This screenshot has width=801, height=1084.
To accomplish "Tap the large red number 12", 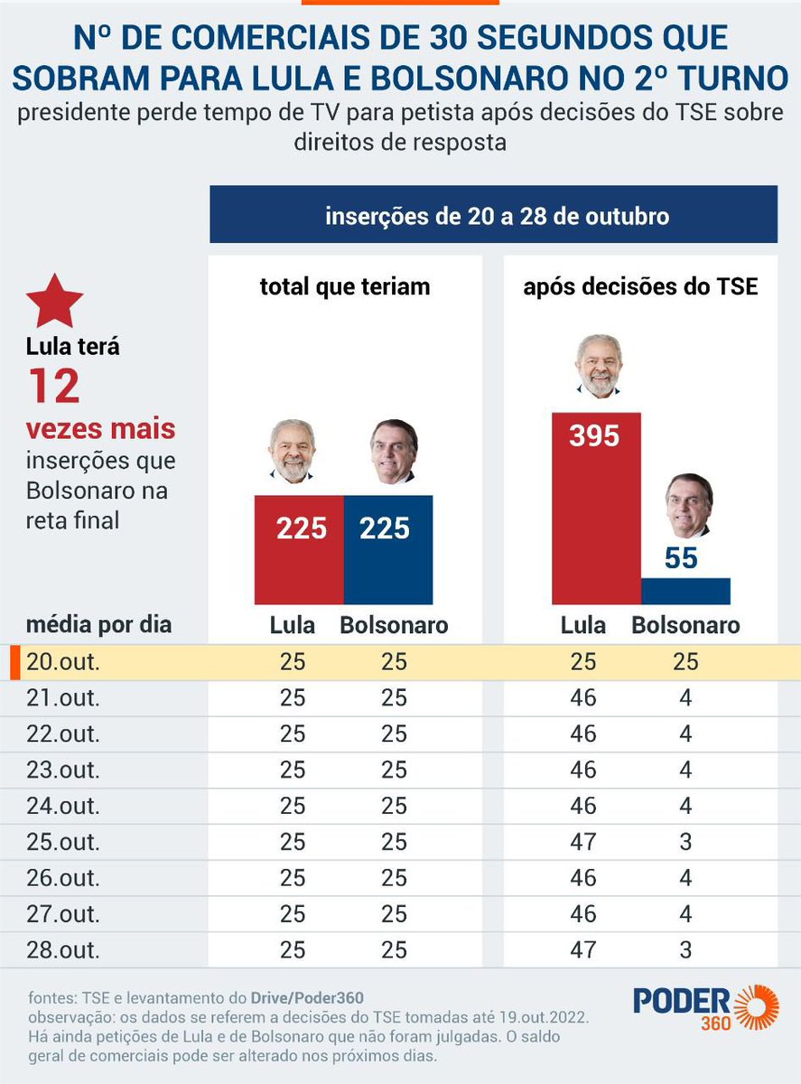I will tap(53, 386).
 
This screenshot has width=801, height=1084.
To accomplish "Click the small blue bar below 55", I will tap(685, 591).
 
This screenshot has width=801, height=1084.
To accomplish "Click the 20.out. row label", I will tap(63, 661).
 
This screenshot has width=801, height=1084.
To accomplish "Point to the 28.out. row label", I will tap(63, 949).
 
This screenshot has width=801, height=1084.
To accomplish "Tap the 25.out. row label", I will tap(63, 842).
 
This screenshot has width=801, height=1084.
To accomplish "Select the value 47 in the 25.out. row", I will tap(583, 842).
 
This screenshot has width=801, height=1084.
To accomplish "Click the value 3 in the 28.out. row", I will tap(685, 949).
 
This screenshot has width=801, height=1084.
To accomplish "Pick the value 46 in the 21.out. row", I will tap(583, 697).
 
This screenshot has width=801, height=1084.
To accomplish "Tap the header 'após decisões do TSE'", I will tap(640, 287).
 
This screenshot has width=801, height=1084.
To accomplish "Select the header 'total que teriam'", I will tap(345, 287).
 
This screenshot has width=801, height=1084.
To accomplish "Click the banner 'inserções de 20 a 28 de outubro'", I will tap(493, 216).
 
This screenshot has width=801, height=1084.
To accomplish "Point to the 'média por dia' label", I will tap(98, 624).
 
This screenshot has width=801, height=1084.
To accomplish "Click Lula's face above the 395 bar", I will tap(598, 366).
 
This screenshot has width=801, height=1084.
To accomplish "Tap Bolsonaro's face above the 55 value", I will tap(688, 506).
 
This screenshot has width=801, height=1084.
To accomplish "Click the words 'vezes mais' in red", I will tap(100, 427).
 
